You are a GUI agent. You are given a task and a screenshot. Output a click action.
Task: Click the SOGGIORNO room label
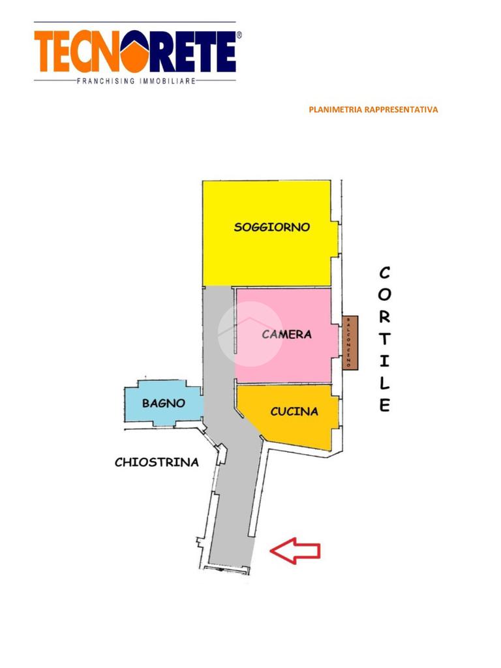point(271,228)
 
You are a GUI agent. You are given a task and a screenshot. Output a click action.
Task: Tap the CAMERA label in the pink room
point(286,335)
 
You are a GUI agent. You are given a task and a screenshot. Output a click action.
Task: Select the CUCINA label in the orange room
point(294,412)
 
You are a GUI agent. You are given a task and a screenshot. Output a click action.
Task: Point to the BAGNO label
point(163,403)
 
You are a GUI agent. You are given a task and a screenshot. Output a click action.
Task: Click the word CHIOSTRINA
point(157,463)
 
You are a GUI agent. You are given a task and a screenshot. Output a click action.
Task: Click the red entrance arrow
point(295,551)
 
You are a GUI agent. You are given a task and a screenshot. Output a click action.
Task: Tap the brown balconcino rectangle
point(350,342)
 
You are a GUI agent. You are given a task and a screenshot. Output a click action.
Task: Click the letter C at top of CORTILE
point(385,272)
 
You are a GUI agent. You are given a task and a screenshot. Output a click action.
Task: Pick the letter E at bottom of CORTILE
point(385,405)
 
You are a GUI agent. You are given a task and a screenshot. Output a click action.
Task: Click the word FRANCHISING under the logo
point(106,82)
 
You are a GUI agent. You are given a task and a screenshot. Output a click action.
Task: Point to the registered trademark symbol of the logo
point(238,35)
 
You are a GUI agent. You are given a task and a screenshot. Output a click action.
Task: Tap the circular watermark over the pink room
point(250,333)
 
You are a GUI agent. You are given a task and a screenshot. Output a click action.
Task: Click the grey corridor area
point(232,496)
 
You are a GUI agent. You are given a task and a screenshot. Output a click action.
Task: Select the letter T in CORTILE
point(385,339)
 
